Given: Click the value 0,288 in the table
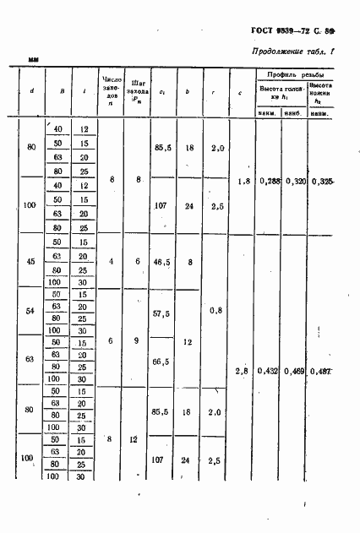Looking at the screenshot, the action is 270,181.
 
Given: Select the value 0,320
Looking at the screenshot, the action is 295,181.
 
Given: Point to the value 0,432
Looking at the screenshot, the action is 270,371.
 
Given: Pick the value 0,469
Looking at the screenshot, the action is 295,371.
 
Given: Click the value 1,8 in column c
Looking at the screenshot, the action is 244,181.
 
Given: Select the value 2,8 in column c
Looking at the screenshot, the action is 243,371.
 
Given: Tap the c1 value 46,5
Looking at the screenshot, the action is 163,262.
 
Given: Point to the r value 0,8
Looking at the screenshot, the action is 216,310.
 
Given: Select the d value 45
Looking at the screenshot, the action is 31,262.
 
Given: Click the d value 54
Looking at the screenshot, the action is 31,312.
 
